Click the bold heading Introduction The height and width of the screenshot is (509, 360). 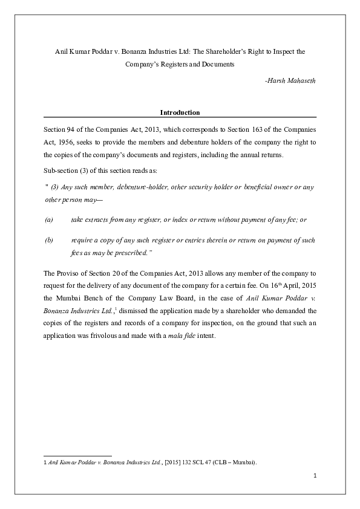pos(180,112)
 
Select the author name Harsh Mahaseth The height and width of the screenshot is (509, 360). pos(291,80)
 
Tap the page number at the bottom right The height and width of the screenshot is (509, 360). pos(315,475)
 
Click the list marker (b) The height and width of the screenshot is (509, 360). pos(49,240)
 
